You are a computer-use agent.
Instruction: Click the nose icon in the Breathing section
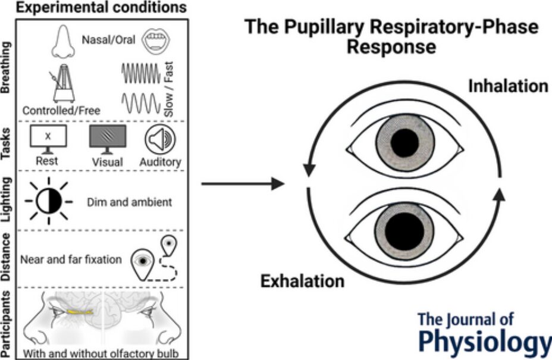(63, 42)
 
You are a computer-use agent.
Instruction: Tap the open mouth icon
(156, 40)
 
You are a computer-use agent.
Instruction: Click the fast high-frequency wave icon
(140, 73)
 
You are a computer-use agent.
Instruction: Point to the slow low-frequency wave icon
(140, 103)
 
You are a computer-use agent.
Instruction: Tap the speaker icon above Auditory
(160, 139)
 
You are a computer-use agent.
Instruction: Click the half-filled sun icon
(49, 202)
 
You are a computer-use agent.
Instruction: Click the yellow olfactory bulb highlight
(80, 312)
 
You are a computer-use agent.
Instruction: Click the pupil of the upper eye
(404, 143)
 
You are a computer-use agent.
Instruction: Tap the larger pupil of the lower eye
(404, 231)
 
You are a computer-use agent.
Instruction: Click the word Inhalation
(508, 86)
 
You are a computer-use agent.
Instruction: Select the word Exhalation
(302, 281)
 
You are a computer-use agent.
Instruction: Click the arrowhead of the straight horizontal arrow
(278, 183)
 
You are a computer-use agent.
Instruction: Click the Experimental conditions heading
(101, 7)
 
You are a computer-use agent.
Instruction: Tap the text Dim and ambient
(130, 202)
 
